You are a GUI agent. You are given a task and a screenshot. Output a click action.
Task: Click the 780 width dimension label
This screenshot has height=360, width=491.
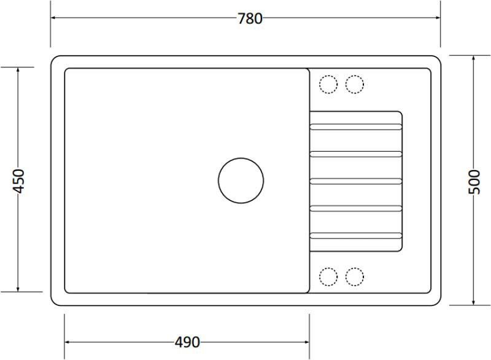tap(250, 19)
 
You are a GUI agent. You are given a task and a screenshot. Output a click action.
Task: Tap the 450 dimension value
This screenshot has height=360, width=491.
tap(18, 181)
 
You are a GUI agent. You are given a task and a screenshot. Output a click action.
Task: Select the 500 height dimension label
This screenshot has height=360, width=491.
tap(474, 182)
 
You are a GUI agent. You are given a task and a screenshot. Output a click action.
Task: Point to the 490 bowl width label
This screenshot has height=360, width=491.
tap(187, 342)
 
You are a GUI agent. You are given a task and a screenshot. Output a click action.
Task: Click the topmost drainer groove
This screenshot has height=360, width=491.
tap(356, 127)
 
